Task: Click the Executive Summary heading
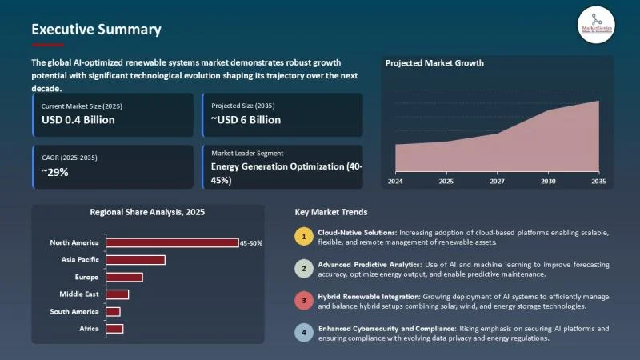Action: (x=96, y=30)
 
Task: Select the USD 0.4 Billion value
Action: (x=78, y=120)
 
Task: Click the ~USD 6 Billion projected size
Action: (x=246, y=120)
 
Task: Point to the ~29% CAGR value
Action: (x=55, y=170)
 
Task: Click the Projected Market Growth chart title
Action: (x=434, y=63)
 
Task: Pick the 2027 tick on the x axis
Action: (x=497, y=182)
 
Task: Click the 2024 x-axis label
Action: (x=395, y=182)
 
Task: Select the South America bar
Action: (x=113, y=311)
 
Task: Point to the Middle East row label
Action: (x=80, y=294)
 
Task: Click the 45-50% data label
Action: (x=251, y=242)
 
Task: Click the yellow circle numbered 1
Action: (x=303, y=236)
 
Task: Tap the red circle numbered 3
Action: (x=303, y=301)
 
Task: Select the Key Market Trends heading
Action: (x=331, y=212)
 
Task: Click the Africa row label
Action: (x=88, y=329)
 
